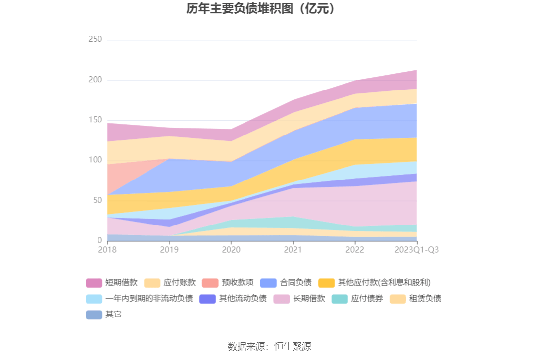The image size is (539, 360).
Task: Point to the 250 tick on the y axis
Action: (x=95, y=40)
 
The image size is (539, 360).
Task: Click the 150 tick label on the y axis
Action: (x=95, y=120)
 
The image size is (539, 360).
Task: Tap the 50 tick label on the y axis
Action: (x=97, y=200)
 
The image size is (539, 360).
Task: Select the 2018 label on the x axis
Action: (x=107, y=250)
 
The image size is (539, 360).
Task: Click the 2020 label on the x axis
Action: (x=231, y=250)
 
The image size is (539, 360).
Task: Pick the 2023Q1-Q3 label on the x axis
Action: (x=417, y=250)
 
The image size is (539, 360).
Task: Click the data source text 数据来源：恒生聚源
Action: (x=269, y=346)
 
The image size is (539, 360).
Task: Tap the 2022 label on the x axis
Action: (x=355, y=250)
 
